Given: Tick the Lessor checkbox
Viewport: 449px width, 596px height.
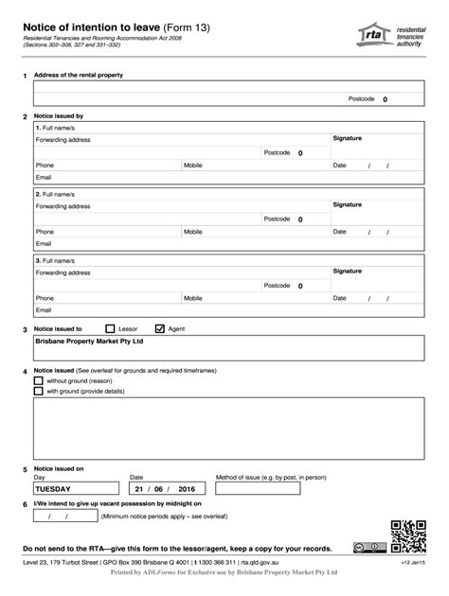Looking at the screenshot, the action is pyautogui.click(x=110, y=328).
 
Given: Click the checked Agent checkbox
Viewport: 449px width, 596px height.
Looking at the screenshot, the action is pyautogui.click(x=159, y=328).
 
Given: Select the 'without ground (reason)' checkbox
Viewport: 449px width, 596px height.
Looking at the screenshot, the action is pyautogui.click(x=38, y=380).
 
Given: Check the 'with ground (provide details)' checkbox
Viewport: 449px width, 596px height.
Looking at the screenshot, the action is pyautogui.click(x=38, y=391).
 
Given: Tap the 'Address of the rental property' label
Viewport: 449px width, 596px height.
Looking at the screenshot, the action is pyautogui.click(x=79, y=75).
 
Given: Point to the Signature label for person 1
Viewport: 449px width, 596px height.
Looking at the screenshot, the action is pyautogui.click(x=347, y=138).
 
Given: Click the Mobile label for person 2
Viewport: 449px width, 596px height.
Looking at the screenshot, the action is pyautogui.click(x=193, y=231).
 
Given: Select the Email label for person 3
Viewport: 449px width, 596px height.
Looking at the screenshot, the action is pyautogui.click(x=44, y=309).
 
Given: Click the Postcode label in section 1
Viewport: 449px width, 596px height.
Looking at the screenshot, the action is pyautogui.click(x=361, y=98).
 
